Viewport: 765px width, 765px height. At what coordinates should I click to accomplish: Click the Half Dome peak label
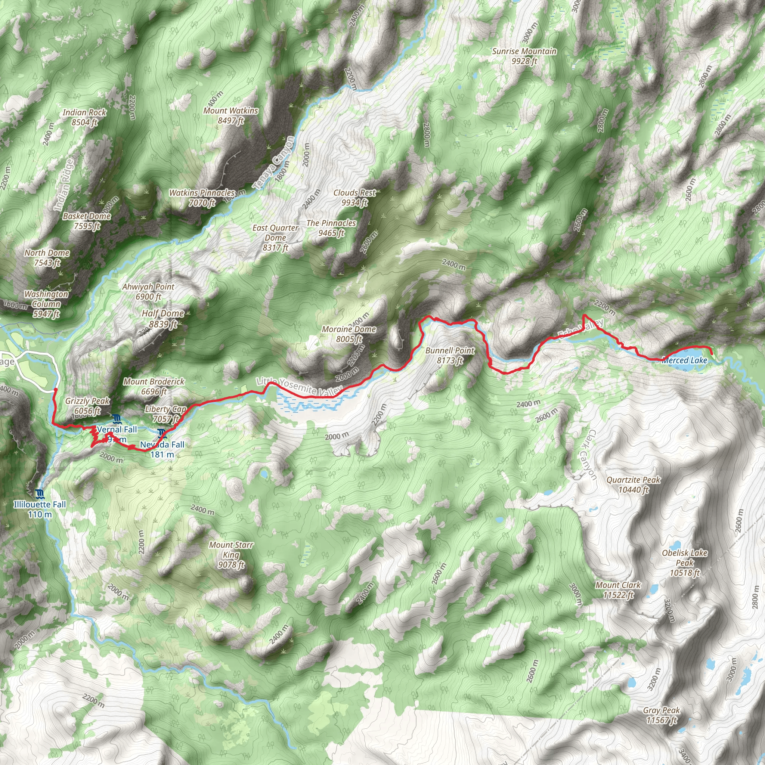[x=163, y=319]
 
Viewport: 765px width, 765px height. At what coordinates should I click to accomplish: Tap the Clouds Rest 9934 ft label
[x=354, y=198]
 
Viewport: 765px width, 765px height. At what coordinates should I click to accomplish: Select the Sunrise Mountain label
[x=524, y=56]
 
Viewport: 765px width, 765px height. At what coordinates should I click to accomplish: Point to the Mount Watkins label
[x=230, y=115]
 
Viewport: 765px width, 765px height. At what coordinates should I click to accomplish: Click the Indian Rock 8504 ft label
[x=84, y=117]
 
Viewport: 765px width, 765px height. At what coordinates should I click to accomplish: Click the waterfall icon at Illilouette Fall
[x=39, y=493]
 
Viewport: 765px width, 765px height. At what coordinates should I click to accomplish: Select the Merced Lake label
[x=684, y=360]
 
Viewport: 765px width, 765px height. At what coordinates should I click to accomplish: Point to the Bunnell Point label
[x=450, y=355]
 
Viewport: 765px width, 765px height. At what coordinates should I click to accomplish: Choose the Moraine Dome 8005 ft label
[x=349, y=334]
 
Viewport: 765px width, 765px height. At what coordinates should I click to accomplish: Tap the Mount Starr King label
[x=231, y=554]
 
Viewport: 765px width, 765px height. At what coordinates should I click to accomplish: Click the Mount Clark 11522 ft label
[x=618, y=589]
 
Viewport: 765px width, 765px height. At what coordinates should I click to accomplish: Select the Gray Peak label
[x=661, y=715]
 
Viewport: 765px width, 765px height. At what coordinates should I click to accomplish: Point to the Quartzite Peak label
[x=633, y=484]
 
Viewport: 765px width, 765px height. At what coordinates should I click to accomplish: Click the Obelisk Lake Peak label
[x=684, y=563]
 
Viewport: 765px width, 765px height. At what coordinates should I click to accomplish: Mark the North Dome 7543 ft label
[x=47, y=257]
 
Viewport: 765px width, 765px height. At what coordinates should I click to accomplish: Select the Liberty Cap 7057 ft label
[x=165, y=414]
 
